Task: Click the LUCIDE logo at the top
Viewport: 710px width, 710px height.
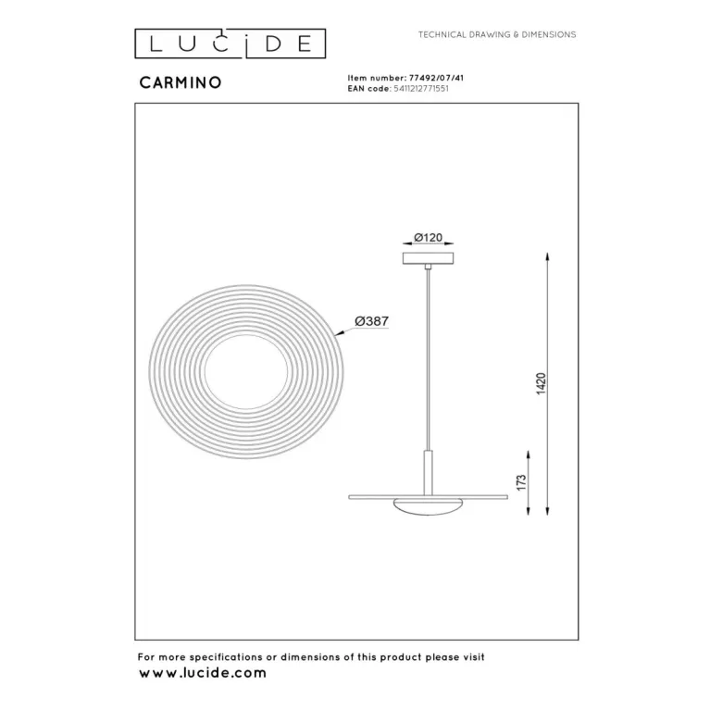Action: pos(230,44)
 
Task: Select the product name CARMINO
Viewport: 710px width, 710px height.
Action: pos(181,82)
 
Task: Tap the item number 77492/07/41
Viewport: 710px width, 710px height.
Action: pos(436,78)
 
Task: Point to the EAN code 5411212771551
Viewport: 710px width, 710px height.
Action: pos(421,89)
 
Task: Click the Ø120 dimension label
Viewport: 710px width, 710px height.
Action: pos(429,237)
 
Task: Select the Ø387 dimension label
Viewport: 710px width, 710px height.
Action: pos(372,321)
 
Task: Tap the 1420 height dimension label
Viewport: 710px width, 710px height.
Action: pos(542,383)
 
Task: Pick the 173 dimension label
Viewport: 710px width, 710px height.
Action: pos(522,482)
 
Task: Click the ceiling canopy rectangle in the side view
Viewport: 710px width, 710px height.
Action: pos(429,258)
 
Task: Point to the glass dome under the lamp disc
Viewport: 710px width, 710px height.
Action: pos(429,506)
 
